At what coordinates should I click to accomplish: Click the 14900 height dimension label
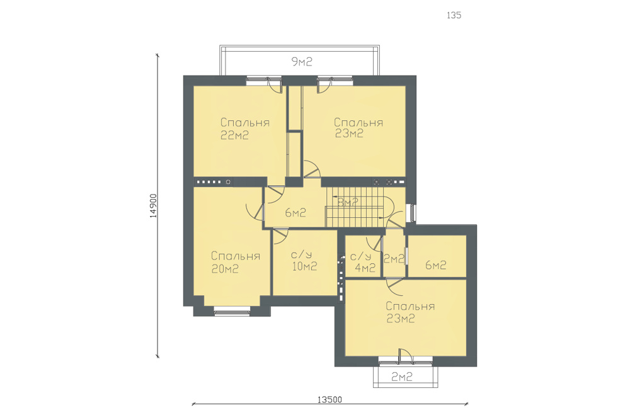(153, 205)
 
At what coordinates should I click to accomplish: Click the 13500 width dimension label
(330, 399)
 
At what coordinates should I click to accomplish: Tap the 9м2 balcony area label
(301, 62)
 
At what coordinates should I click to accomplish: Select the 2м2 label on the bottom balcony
(402, 377)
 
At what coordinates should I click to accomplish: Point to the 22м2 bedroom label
(234, 135)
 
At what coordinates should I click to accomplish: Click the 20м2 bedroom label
(225, 269)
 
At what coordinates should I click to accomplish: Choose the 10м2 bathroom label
(304, 266)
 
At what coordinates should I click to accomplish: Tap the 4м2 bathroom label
(365, 268)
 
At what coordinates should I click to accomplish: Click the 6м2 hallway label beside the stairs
(295, 213)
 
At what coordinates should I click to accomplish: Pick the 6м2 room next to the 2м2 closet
(436, 265)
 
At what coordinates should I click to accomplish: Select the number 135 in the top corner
(454, 15)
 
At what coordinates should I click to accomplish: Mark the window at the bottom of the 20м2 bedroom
(232, 312)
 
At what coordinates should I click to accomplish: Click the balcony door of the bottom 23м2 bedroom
(405, 356)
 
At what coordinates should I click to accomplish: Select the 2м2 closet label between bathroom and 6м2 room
(394, 259)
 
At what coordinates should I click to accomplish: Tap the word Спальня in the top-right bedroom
(358, 122)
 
